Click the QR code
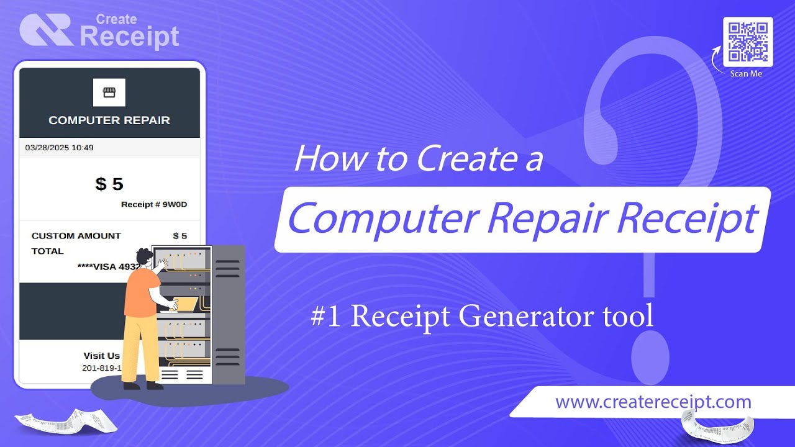[x=748, y=42]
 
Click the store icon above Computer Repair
[x=109, y=93]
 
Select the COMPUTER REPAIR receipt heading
[x=109, y=120]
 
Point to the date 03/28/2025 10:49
[x=59, y=148]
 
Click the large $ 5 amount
[x=109, y=184]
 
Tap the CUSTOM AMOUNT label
[x=76, y=236]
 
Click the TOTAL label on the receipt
[x=47, y=251]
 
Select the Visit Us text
[x=101, y=356]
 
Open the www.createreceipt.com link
[x=653, y=402]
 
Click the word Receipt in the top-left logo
[x=129, y=37]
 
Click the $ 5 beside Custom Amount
[x=179, y=236]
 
